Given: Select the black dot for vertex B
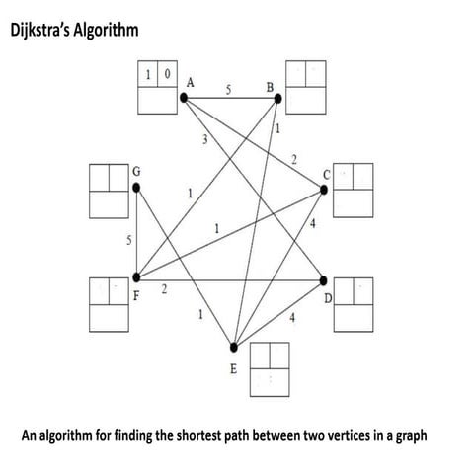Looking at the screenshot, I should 278,97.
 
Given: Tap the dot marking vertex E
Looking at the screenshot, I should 234,348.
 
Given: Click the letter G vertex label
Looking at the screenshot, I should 136,170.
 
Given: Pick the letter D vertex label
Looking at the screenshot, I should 328,297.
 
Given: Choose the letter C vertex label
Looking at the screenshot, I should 328,175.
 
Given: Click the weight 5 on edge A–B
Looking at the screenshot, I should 228,89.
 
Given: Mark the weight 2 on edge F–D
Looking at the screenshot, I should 164,287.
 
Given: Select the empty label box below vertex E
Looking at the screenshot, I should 269,365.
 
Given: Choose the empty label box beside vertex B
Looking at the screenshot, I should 305,85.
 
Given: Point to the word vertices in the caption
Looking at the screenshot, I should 342,434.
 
